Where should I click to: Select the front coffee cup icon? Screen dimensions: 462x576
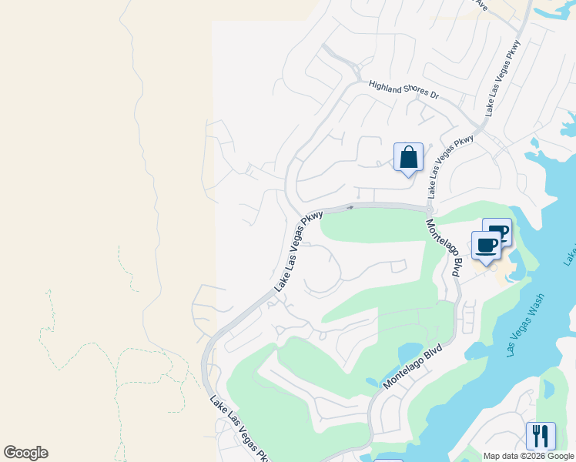[x=486, y=246]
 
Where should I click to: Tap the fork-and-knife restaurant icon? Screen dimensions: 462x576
[x=541, y=436]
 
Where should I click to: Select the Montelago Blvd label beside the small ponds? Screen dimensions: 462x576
[x=416, y=365]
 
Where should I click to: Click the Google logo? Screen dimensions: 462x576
[x=25, y=453]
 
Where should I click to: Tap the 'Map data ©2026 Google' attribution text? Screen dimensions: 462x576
[x=527, y=456]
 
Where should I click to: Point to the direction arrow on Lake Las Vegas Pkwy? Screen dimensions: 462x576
[x=350, y=206]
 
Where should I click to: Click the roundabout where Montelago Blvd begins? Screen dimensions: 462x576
[x=428, y=209]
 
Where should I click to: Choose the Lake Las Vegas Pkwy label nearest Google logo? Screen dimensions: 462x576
[x=239, y=427]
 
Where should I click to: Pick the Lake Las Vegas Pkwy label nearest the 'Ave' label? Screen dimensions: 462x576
[x=503, y=79]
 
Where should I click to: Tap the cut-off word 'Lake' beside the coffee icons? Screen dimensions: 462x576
[x=570, y=254]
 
